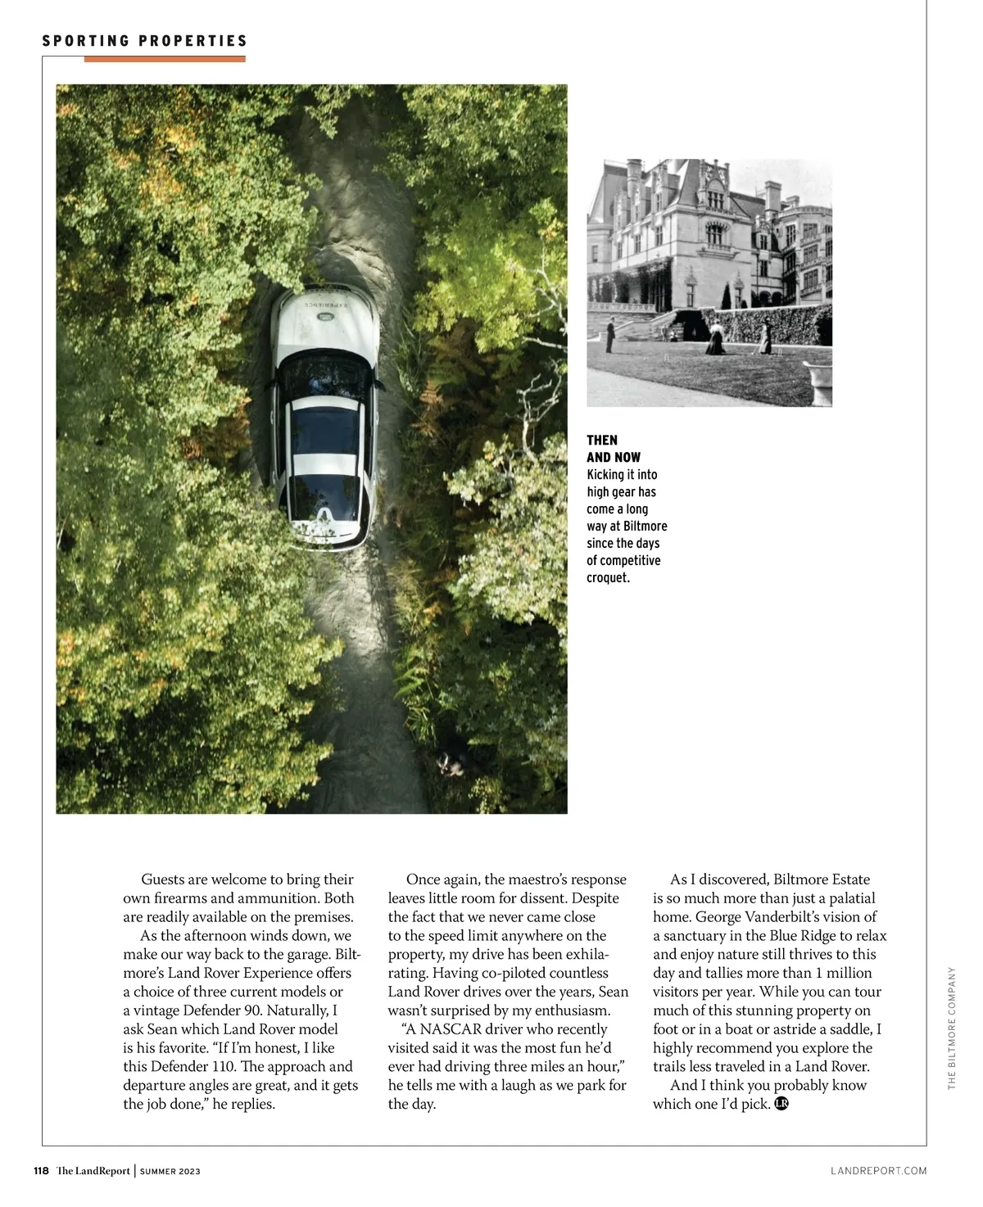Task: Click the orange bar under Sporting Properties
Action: click(x=164, y=59)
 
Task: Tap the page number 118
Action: click(x=41, y=1171)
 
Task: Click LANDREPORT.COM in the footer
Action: click(x=878, y=1171)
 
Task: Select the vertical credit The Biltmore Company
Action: click(x=952, y=1028)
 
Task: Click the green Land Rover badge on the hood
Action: click(x=327, y=317)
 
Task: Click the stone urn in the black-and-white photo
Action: click(x=817, y=379)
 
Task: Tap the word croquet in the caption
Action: click(x=607, y=578)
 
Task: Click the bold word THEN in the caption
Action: click(x=602, y=441)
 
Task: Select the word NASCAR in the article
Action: click(x=451, y=1029)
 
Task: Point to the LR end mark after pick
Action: click(x=781, y=1104)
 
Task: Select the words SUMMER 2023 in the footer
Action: click(x=170, y=1172)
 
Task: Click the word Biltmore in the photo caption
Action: click(x=645, y=527)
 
